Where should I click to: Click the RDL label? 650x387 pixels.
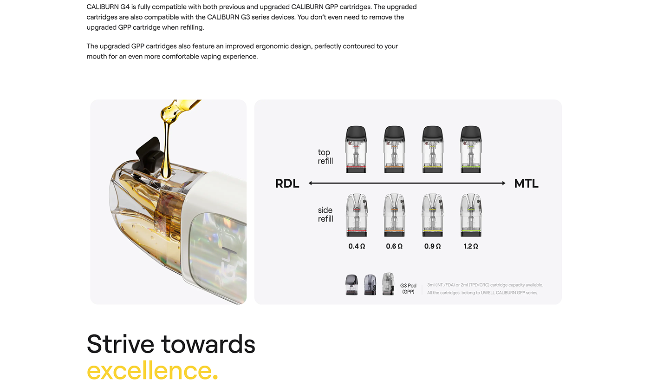coord(287,184)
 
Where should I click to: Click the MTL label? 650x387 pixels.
coord(526,184)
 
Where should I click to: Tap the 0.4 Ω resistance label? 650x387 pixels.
coord(357,246)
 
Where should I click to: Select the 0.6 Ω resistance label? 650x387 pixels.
coord(394,246)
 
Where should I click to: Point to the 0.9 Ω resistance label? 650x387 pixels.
coord(432,246)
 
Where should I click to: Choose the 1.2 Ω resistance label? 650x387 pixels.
coord(471,246)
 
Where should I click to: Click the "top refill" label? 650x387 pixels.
coord(325,157)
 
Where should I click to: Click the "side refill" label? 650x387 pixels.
coord(325,214)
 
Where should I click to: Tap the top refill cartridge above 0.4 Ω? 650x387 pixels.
coord(356,149)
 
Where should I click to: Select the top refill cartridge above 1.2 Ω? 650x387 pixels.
coord(471,149)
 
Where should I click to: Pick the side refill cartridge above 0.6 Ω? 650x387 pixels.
coord(394,215)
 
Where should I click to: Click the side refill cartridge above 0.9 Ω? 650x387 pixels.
coord(433,215)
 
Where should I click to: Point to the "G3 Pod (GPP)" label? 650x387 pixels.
coord(408,289)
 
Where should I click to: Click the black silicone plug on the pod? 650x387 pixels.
coord(149,155)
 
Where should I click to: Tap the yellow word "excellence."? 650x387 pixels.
coord(152,370)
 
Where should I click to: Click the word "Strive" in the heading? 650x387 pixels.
coord(120,344)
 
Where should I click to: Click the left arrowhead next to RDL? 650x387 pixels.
coord(310,183)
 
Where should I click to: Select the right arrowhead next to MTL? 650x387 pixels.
coord(504,183)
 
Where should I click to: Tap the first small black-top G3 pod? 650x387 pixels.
coord(351,285)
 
